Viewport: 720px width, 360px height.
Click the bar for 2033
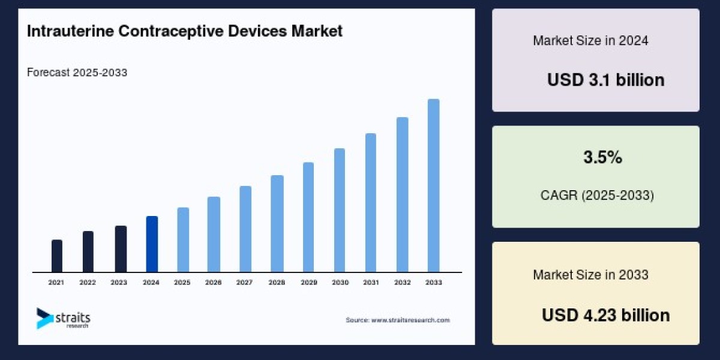click(x=433, y=185)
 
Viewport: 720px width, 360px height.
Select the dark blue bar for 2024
click(x=152, y=244)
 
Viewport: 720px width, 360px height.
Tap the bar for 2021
click(x=57, y=256)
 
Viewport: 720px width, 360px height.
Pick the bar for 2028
click(x=277, y=223)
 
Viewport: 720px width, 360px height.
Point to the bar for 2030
click(x=340, y=210)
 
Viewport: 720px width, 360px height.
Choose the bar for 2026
click(x=214, y=234)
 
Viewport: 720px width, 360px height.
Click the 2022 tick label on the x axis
click(x=88, y=282)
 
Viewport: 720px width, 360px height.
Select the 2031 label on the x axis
click(x=371, y=282)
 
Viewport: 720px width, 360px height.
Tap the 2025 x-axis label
click(x=182, y=282)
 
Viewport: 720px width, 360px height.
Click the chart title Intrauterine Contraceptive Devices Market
click(x=185, y=32)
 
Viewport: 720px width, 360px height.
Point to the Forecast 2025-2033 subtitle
click(x=77, y=73)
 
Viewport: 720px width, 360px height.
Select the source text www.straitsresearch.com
click(x=397, y=320)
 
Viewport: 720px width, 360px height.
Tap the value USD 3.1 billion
click(x=605, y=80)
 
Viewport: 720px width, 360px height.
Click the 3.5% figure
click(x=602, y=158)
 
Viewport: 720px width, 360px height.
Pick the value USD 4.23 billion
click(x=605, y=315)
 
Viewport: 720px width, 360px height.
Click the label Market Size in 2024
click(x=590, y=41)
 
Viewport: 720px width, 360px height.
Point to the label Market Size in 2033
click(x=590, y=275)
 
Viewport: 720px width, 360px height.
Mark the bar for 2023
click(x=121, y=248)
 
